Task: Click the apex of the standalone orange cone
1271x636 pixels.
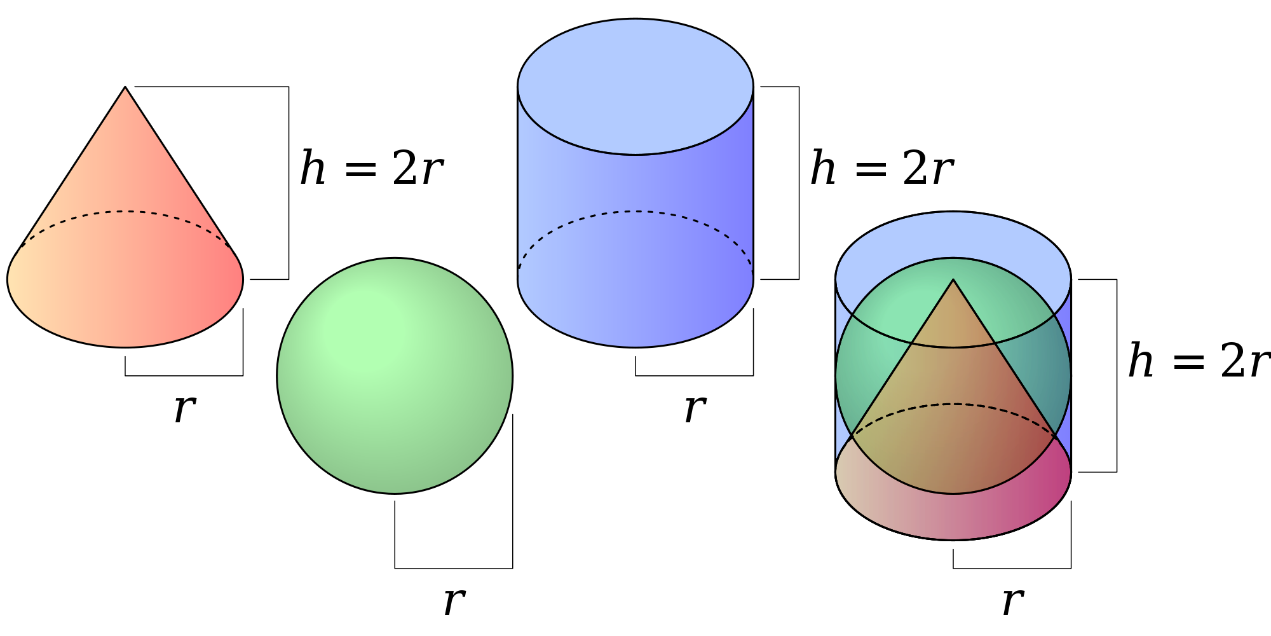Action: tap(125, 87)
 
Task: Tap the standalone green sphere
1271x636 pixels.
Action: tap(395, 375)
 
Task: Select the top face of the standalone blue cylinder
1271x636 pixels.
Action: tap(635, 86)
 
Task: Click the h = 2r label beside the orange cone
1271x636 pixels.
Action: tap(371, 169)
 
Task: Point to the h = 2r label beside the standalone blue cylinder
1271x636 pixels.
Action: tap(881, 169)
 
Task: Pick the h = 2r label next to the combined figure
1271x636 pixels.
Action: tap(1199, 361)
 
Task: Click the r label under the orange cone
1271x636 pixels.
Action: tap(184, 408)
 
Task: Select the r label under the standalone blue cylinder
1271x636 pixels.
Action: tap(695, 408)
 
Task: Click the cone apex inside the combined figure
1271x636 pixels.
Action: tap(953, 280)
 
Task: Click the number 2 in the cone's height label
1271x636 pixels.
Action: tap(404, 169)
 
